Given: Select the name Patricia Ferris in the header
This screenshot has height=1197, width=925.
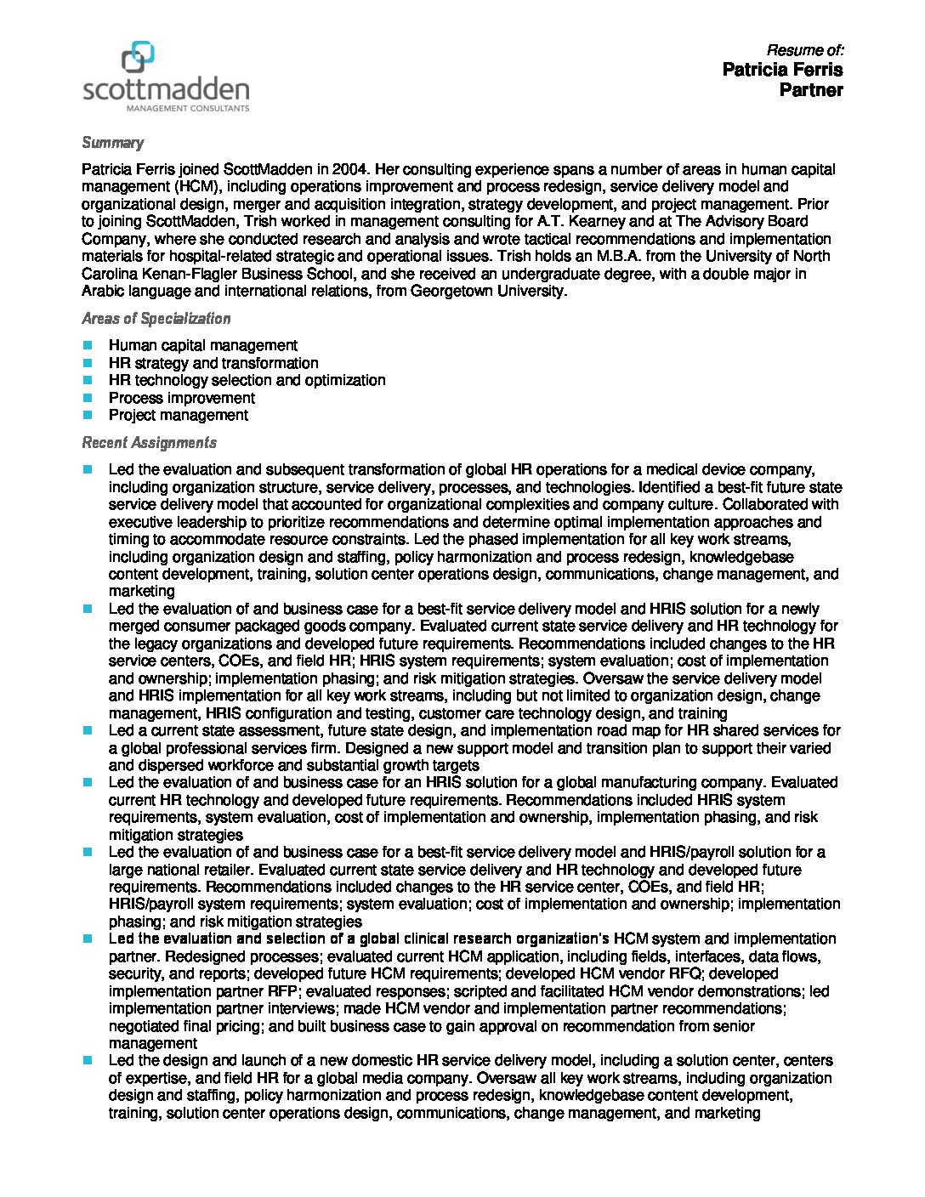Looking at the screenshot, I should click(782, 69).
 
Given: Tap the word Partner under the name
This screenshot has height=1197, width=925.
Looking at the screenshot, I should click(811, 90).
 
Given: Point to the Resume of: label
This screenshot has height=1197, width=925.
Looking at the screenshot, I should click(804, 50).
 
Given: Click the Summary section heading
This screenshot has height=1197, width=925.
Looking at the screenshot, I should click(112, 143).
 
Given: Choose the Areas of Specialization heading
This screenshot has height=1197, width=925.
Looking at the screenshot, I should click(156, 319).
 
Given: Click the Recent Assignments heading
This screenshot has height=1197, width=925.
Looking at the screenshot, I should click(149, 443).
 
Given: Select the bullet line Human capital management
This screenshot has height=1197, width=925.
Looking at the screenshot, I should click(202, 345).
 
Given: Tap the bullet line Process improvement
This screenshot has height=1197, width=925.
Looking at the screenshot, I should click(181, 398).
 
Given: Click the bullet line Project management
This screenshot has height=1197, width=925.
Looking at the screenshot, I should click(178, 415).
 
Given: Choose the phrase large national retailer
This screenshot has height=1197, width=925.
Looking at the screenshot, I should click(179, 870).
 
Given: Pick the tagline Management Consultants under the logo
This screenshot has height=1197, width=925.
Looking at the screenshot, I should click(188, 108).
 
